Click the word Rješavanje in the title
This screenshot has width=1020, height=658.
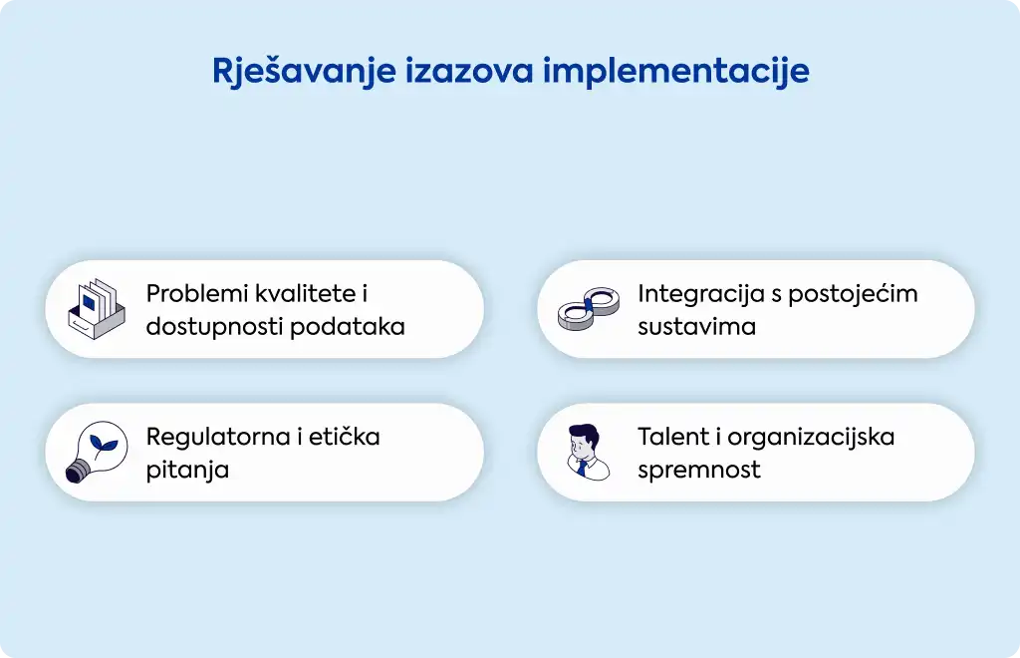304,72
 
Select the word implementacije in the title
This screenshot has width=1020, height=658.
676,72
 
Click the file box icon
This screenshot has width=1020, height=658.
97,308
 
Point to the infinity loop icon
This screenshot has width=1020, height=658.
588,308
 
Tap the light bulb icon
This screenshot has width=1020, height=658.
97,452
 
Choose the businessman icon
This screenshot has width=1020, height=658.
588,452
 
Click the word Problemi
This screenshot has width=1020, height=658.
196,293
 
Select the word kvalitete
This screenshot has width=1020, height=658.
306,293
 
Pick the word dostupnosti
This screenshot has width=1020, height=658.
214,327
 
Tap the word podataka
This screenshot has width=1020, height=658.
348,326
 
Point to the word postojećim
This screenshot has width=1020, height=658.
853,294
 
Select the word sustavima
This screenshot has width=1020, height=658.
696,327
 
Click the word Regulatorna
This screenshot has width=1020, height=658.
218,438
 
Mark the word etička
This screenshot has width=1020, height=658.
344,437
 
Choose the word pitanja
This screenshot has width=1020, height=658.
187,470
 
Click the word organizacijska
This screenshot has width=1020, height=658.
811,438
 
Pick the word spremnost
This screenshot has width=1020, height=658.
699,470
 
